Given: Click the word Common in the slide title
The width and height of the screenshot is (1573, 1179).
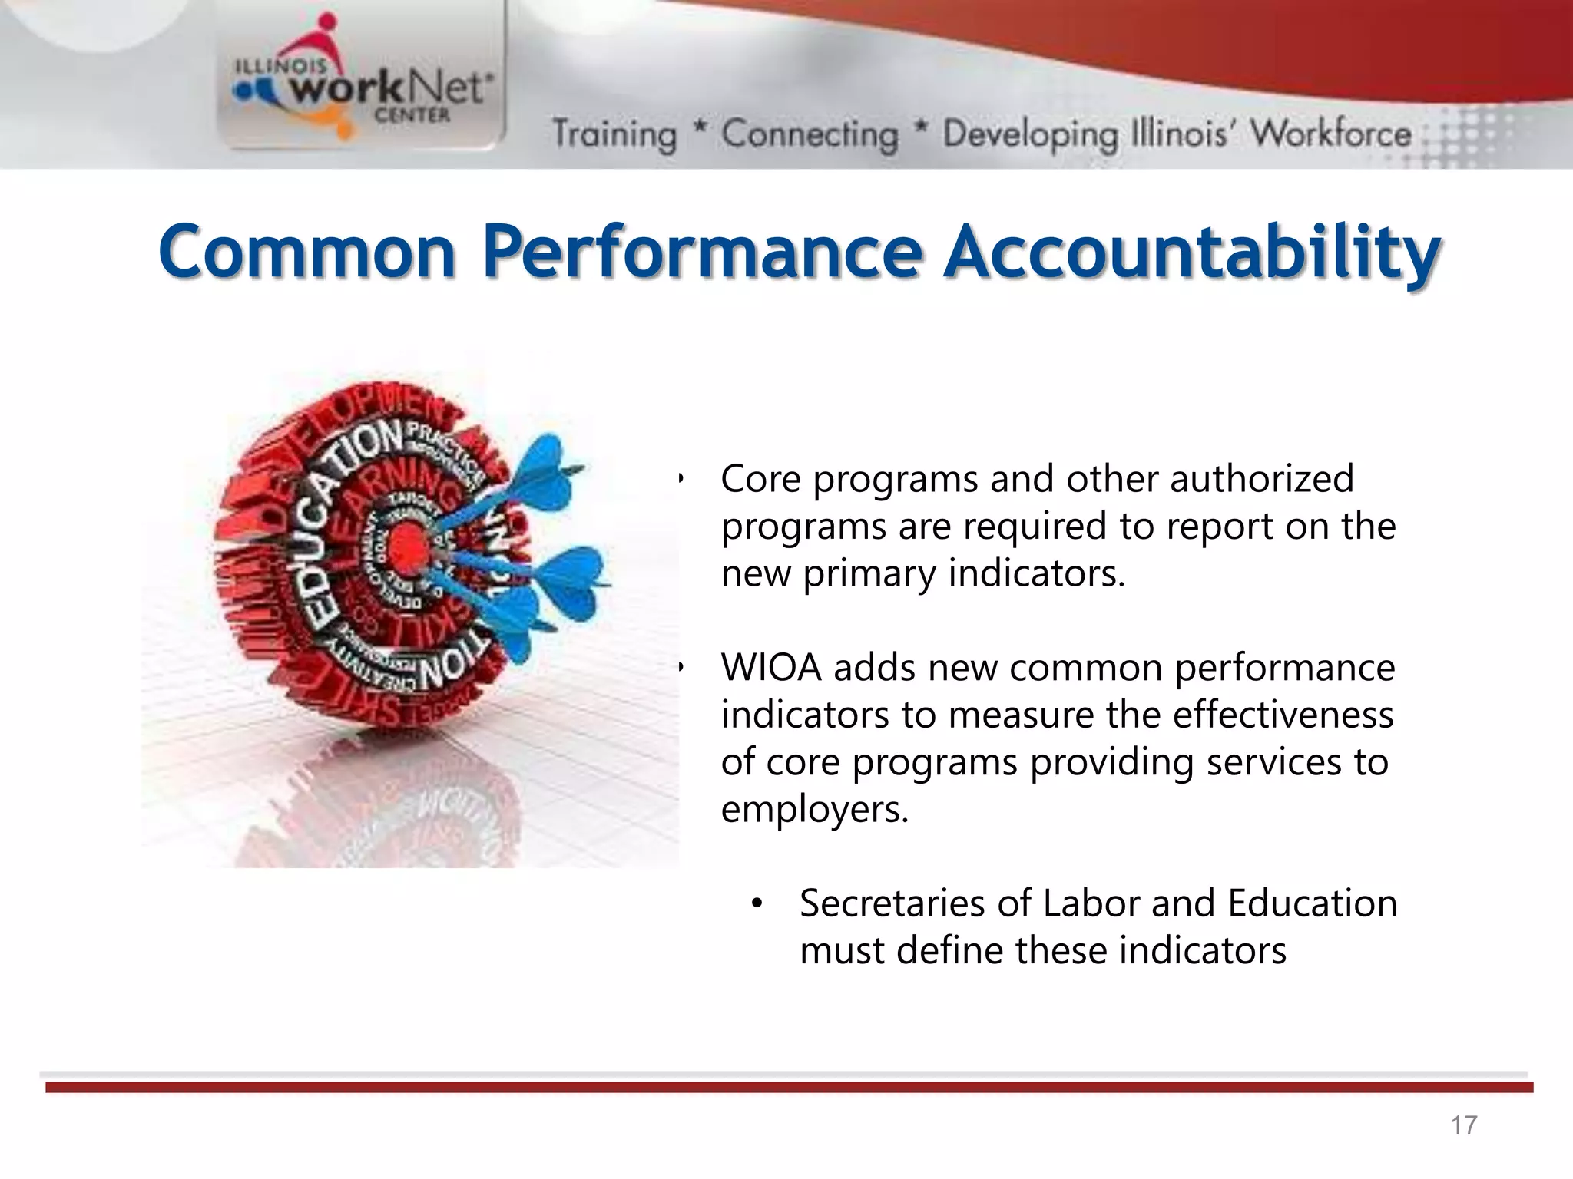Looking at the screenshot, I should pos(307,252).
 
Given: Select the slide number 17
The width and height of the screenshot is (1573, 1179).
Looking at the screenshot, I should pos(1463,1125).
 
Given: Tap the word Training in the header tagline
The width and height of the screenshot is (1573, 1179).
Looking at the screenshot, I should pos(614,134).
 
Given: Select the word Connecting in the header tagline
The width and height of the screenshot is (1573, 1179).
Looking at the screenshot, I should pos(810,134).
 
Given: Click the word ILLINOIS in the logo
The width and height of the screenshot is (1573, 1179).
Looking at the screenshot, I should pos(280,68).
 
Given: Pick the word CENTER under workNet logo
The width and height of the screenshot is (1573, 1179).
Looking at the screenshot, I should pos(412,115).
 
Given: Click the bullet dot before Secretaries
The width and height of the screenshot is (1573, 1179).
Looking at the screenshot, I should pos(757,904).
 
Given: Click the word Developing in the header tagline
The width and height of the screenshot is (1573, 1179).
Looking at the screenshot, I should pos(1030,134).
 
